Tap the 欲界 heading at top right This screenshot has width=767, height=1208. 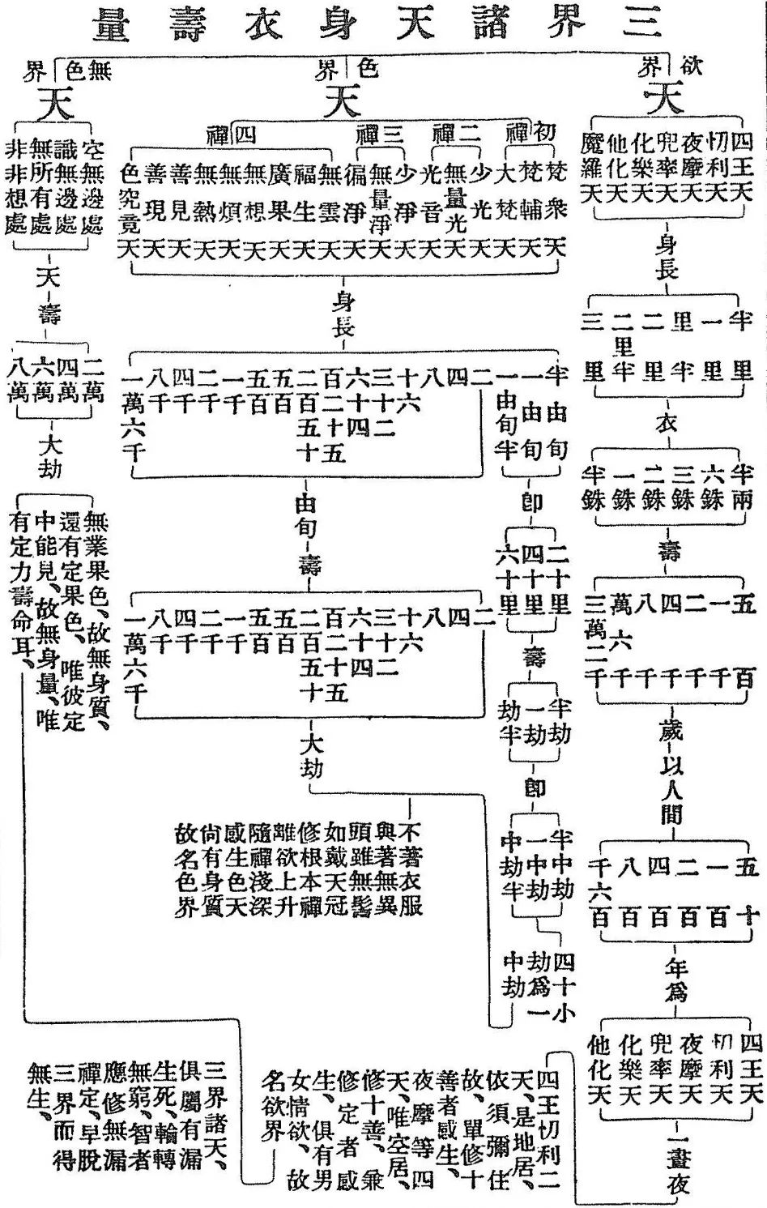(x=669, y=66)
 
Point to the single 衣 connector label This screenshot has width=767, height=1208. (x=667, y=422)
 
